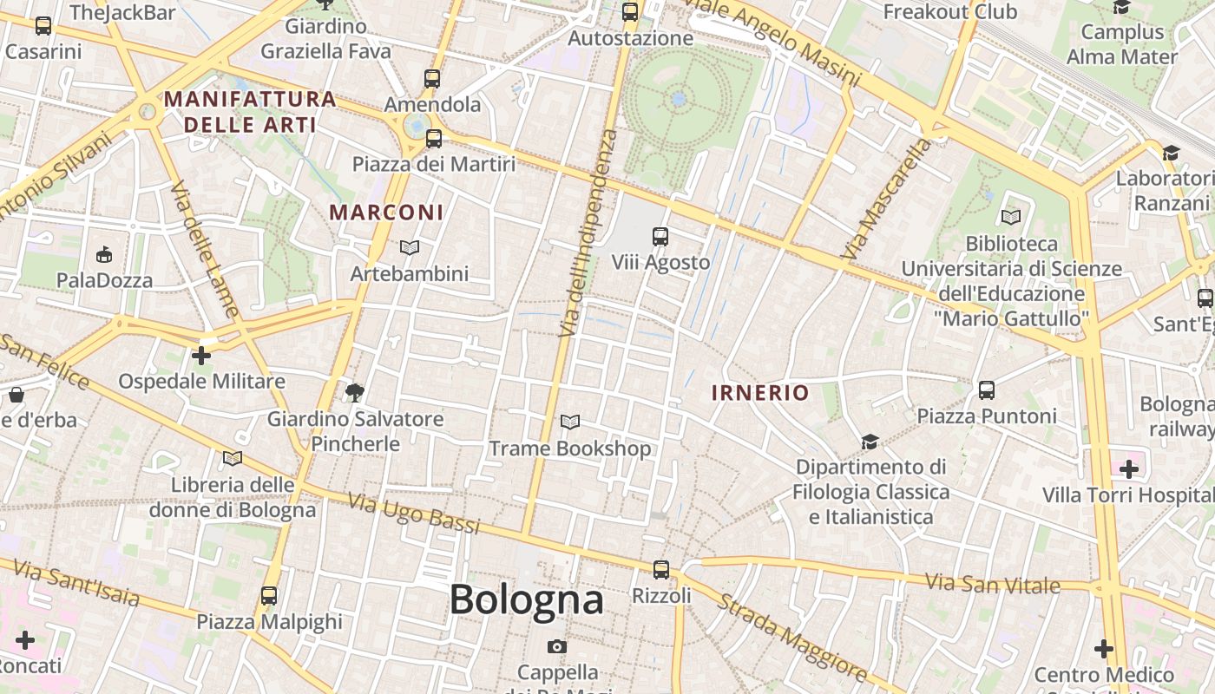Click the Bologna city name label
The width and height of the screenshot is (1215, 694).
526,599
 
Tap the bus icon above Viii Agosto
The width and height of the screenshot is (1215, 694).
660,236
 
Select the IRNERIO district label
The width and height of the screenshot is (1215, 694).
760,393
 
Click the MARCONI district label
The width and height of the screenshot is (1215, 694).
386,213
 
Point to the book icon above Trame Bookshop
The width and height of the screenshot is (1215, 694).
570,422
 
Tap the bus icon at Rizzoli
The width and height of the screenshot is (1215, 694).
661,570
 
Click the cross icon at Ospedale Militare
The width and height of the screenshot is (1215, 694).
201,356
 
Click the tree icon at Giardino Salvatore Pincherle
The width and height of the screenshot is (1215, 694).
354,393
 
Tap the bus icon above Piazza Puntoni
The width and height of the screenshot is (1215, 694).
987,390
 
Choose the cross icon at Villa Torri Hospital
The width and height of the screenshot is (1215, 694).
1128,470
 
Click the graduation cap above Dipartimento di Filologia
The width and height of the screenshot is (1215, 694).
870,442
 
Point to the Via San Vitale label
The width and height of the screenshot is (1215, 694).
992,584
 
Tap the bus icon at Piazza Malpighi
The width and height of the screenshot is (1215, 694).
269,596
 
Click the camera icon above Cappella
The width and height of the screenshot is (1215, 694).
557,647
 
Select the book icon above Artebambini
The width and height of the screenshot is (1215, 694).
410,248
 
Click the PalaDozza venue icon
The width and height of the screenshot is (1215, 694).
104,254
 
